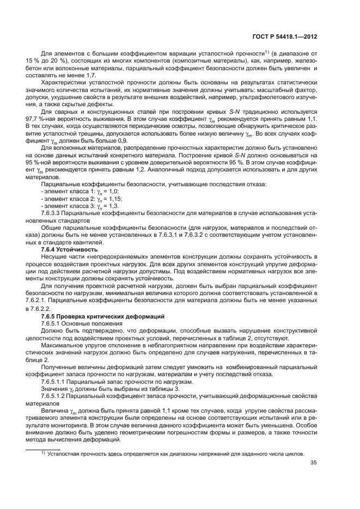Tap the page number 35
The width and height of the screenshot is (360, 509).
point(313,463)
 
